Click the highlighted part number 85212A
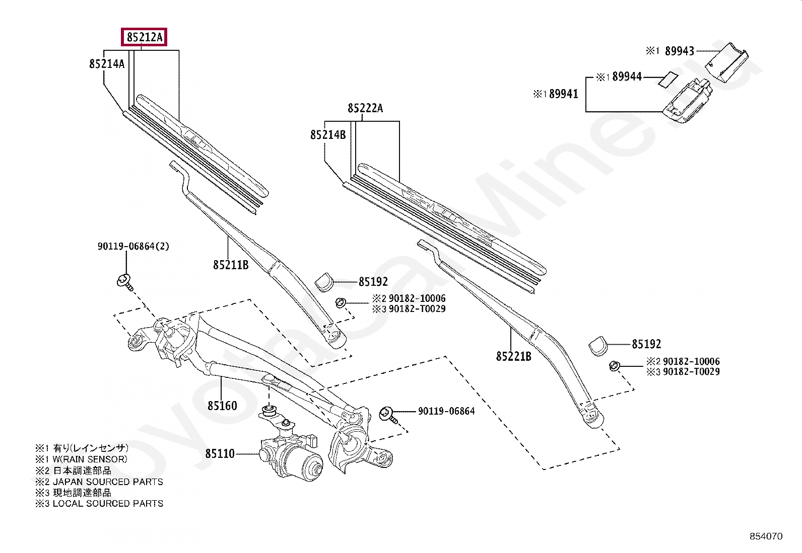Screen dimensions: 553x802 pos(145,37)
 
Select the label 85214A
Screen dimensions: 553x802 pos(107,64)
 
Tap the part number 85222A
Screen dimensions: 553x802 pos(365,108)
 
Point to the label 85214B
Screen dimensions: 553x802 pos(328,135)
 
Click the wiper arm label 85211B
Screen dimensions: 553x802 pos(231,265)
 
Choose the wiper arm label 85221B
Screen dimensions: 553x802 pos(514,357)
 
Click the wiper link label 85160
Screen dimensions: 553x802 pos(222,406)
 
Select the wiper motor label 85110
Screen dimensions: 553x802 pos(220,454)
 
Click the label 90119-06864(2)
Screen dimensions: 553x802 pos(133,247)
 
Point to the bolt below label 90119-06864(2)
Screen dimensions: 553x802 pos(124,281)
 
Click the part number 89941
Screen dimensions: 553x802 pos(564,94)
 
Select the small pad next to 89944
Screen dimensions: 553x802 pos(668,79)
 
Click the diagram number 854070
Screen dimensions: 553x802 pos(766,537)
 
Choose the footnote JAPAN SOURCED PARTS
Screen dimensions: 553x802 pos(108,482)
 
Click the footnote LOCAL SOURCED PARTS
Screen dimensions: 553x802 pos(108,503)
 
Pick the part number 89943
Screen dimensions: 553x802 pos(679,51)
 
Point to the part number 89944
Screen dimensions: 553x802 pos(627,77)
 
